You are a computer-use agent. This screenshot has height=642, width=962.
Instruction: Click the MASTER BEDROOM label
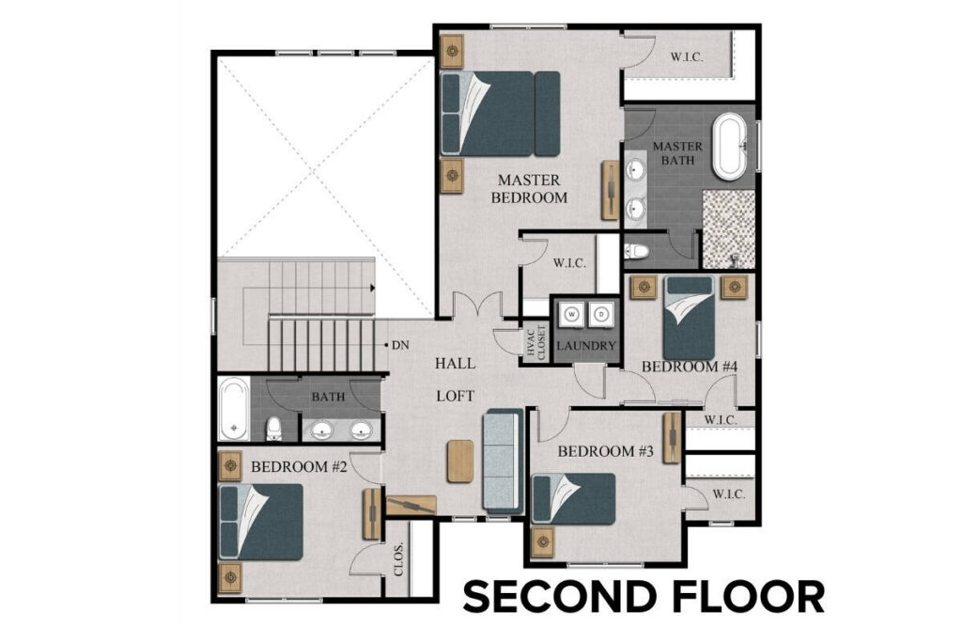[x=532, y=188]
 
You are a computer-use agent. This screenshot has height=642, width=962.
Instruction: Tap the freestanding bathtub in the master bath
[x=729, y=147]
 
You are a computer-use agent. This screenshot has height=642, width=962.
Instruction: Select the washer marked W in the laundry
[x=572, y=317]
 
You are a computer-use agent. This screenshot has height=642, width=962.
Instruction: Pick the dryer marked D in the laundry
[x=599, y=317]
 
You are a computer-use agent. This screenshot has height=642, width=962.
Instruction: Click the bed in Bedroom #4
[x=689, y=317]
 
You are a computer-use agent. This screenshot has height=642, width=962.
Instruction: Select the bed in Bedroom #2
[x=260, y=522]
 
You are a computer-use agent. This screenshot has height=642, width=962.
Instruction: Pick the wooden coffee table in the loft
[x=459, y=461]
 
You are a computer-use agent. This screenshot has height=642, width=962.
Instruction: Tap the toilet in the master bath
[x=636, y=251]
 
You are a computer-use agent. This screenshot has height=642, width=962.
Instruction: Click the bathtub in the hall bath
[x=234, y=409]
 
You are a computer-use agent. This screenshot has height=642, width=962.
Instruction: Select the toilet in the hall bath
[x=273, y=429]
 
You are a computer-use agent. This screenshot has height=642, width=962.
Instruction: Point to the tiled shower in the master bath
[x=729, y=228]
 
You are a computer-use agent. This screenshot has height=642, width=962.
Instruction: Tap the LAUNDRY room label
[x=585, y=346]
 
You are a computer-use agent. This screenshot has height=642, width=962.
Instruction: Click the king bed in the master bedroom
[x=501, y=113]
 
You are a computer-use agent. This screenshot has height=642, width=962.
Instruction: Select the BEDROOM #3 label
[x=605, y=451]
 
